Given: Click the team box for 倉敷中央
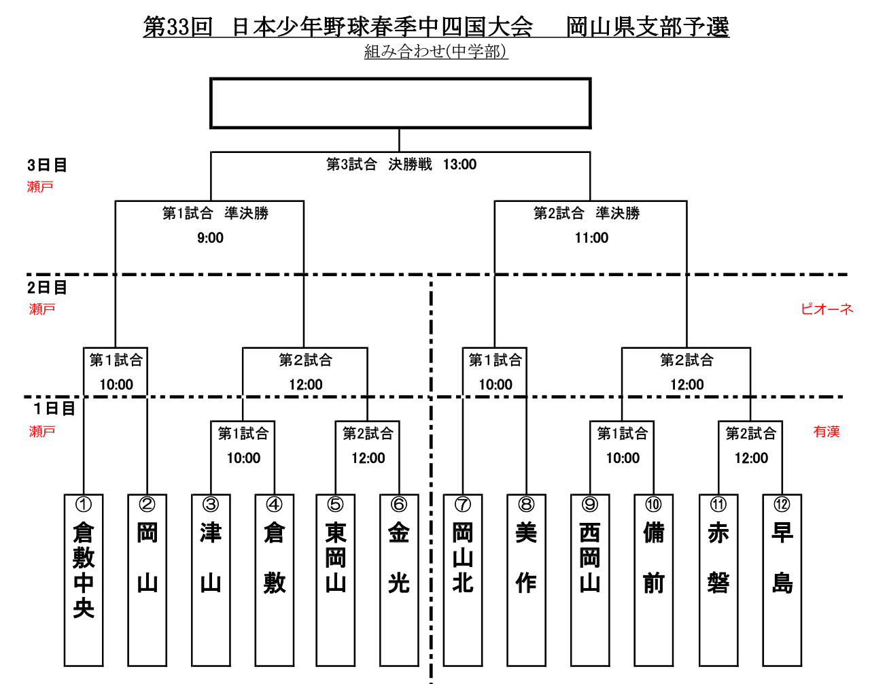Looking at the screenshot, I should [x=84, y=580].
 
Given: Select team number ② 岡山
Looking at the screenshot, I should [x=147, y=580].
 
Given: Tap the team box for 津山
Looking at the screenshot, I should [x=211, y=580].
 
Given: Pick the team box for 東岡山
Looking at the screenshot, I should [x=336, y=580].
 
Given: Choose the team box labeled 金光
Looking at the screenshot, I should [x=399, y=580].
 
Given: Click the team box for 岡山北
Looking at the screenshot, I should [x=463, y=580].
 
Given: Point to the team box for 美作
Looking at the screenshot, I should [x=526, y=580].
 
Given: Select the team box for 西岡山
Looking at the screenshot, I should [x=590, y=580].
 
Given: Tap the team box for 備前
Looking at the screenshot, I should [x=653, y=580].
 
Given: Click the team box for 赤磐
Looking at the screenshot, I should [x=718, y=580].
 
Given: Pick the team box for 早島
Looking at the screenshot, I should [x=782, y=580].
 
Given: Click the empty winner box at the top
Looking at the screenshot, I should [x=400, y=103].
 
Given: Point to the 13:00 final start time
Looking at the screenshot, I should [x=459, y=165].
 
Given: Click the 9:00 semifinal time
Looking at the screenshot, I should [x=210, y=238].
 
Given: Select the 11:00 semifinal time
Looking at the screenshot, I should [x=591, y=238].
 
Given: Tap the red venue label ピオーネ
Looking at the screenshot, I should [x=826, y=309].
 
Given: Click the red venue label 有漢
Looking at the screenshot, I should [x=826, y=432].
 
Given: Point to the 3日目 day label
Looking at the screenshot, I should [x=47, y=165].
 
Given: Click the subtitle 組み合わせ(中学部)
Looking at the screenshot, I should [x=436, y=52].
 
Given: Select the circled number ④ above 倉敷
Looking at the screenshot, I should [x=274, y=505].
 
